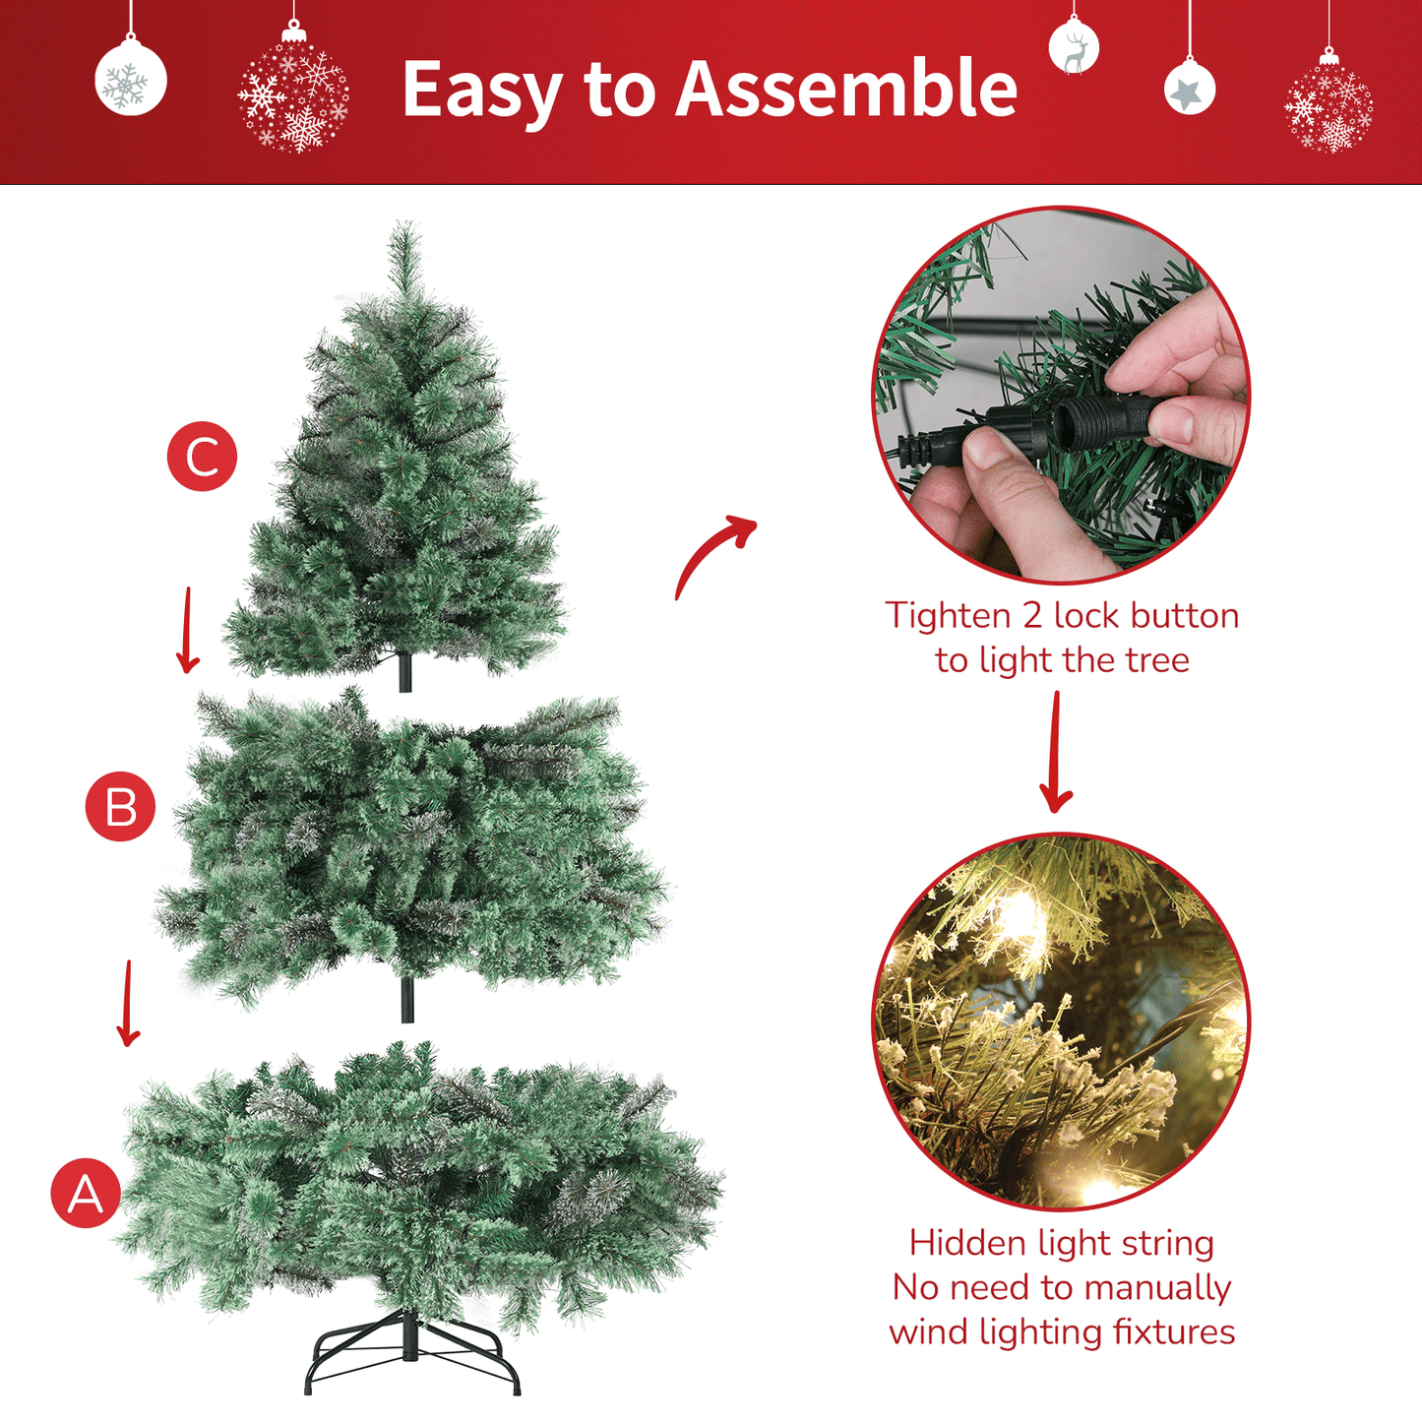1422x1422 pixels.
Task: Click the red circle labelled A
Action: click(86, 1193)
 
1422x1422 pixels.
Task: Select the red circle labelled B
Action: click(120, 807)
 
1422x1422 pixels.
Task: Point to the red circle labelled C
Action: click(202, 457)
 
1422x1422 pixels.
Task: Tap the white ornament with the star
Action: click(1189, 90)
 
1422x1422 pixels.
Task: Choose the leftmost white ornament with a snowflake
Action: click(130, 79)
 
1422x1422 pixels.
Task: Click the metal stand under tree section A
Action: click(411, 1353)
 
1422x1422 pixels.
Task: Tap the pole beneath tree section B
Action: click(407, 1000)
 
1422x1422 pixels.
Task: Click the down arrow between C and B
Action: click(187, 630)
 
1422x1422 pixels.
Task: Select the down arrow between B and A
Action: click(127, 1004)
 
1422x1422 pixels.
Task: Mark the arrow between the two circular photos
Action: click(1056, 753)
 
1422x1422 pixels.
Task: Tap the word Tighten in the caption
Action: click(948, 616)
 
